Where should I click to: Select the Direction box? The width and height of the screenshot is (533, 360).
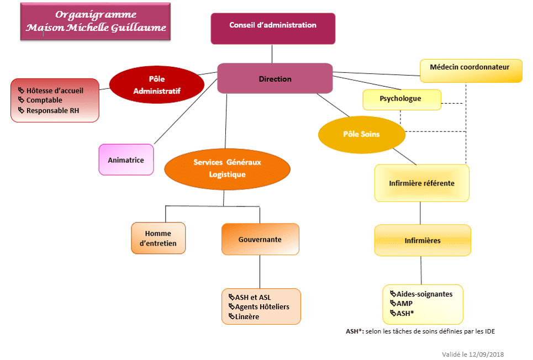point(275,78)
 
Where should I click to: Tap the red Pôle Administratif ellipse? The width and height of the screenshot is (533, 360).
point(157,85)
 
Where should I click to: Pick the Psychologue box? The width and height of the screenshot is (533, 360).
point(402,99)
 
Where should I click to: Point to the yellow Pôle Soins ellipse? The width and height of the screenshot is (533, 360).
point(362,134)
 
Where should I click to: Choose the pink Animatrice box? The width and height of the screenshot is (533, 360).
point(126,160)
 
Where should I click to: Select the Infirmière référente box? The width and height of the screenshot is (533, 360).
point(422,183)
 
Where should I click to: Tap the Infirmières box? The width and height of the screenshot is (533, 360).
point(423,241)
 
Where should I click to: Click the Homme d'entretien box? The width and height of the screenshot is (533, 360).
point(158,239)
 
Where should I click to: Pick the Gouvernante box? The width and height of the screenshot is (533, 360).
point(260,239)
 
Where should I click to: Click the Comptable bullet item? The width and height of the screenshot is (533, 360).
point(44,100)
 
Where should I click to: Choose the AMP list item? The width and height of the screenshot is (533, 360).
point(404,304)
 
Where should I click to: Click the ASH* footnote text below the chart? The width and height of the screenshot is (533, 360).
point(420,331)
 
